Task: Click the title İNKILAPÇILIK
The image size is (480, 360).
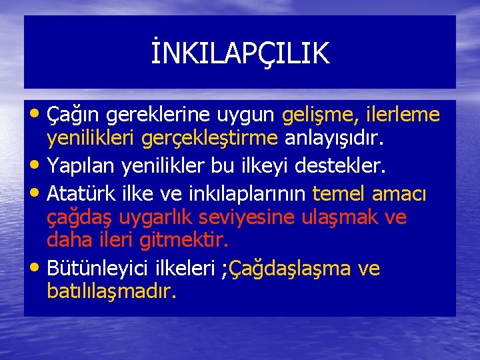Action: click(x=240, y=53)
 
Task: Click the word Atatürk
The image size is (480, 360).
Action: click(x=75, y=195)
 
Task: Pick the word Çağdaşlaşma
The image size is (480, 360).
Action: click(x=290, y=269)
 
